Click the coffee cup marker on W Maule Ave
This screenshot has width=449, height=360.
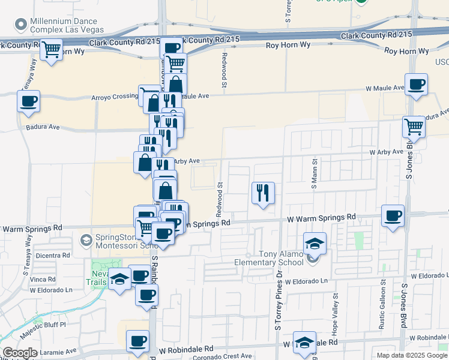415,84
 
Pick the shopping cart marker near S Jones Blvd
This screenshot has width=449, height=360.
414,127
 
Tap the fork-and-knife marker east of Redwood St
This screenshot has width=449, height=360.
263,193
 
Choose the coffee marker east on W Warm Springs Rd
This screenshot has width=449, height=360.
393,215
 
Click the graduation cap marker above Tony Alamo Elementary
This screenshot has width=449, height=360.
315,244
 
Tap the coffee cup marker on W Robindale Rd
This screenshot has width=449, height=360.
137,341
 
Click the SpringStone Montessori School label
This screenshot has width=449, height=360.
120,241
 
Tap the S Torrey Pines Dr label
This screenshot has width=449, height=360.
279,300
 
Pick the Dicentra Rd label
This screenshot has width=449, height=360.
53,255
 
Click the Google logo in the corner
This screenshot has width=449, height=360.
20,353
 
